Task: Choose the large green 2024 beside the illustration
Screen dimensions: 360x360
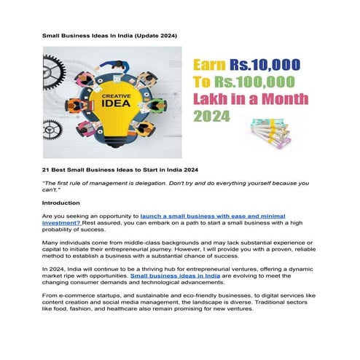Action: tap(211, 116)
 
